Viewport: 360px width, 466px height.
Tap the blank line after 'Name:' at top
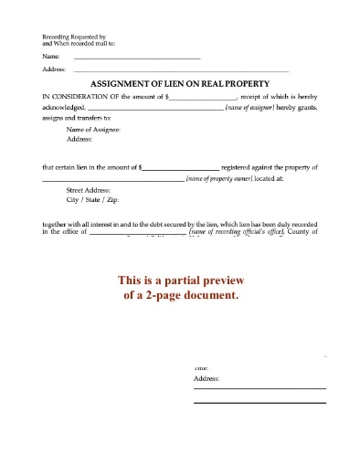137,58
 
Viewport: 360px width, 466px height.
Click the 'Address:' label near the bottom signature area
206,376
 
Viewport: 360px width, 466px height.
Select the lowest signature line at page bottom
259,402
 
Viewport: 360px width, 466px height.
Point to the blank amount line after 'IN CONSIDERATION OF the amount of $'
203,96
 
